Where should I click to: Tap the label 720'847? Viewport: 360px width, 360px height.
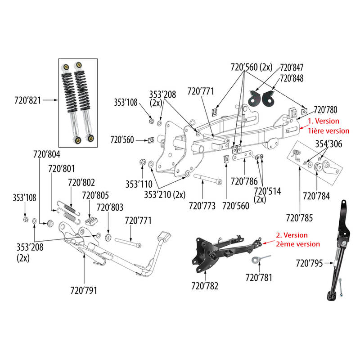292,67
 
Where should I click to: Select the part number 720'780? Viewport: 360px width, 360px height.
325,109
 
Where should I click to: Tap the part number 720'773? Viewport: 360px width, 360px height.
202,206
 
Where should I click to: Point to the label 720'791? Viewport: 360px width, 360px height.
83,290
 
